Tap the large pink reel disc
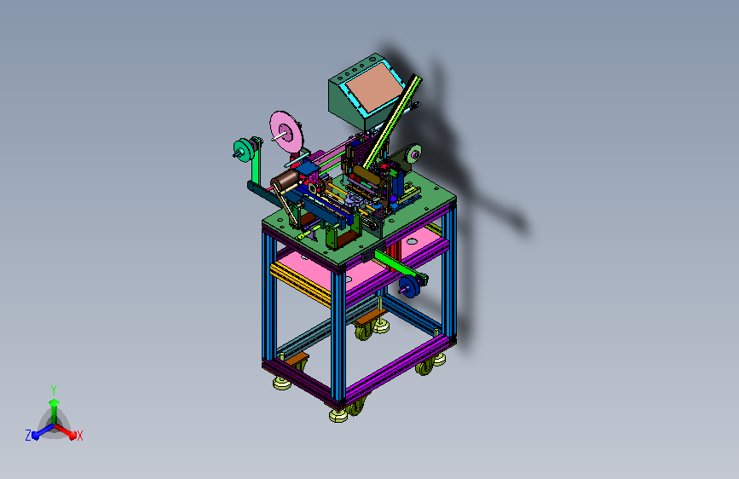coord(286,132)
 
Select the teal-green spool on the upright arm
coord(244,150)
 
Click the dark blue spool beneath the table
coord(409,286)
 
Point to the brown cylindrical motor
coord(285,182)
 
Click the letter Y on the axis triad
coord(54,390)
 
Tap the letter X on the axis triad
coord(79,436)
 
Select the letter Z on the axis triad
coord(28,436)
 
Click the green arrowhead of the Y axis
coord(54,403)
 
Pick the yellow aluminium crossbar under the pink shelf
coord(300,284)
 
